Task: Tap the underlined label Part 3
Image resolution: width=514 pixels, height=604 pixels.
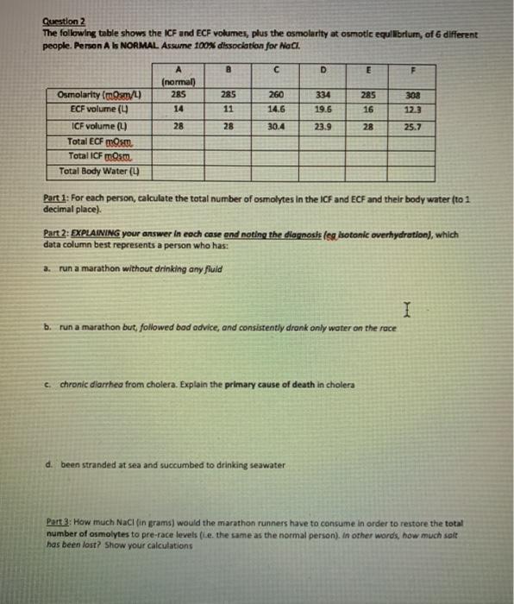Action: tap(59, 521)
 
